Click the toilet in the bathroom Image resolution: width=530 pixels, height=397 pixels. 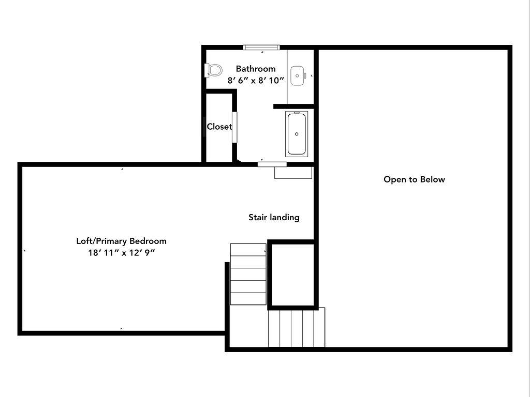point(213,70)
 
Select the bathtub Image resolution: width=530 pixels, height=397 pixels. point(297,134)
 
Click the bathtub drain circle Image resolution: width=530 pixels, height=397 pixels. point(297,134)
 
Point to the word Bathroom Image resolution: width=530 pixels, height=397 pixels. point(256,69)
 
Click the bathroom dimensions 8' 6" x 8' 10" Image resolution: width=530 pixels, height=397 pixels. point(256,80)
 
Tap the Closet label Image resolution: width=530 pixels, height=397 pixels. point(219,127)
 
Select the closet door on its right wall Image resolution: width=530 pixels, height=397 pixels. point(234,127)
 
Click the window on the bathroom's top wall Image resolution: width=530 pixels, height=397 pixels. point(261,47)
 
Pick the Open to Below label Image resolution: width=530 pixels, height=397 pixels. point(414,179)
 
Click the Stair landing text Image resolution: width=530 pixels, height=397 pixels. point(274,218)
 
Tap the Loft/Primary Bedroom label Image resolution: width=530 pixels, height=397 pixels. point(121,241)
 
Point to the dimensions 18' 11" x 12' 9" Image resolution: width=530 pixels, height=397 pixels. point(121,252)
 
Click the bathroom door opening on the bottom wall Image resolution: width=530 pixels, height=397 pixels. point(272,164)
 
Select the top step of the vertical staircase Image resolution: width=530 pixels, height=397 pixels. point(248,250)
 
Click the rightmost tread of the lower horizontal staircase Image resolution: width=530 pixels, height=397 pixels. point(319,327)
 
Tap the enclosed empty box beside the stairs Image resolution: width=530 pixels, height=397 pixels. point(293,275)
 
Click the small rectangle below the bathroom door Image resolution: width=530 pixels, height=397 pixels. point(293,173)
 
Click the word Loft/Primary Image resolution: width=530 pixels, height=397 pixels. point(102,241)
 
